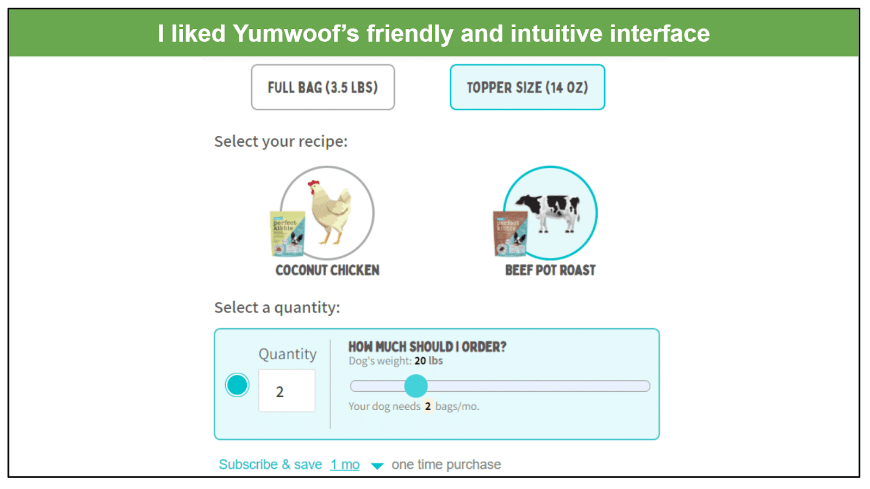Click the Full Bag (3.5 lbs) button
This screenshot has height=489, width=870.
pyautogui.click(x=323, y=87)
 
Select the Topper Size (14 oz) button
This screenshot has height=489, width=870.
pyautogui.click(x=527, y=87)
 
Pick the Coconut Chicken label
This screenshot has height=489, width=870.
pyautogui.click(x=327, y=270)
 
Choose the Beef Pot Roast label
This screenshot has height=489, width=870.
pyautogui.click(x=550, y=270)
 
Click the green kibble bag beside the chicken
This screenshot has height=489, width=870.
pyautogui.click(x=288, y=234)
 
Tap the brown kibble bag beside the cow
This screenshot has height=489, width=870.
pyautogui.click(x=511, y=234)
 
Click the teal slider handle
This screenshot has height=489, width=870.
pyautogui.click(x=415, y=386)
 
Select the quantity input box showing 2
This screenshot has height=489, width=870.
pyautogui.click(x=287, y=391)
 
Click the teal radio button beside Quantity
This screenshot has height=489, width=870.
pyautogui.click(x=237, y=385)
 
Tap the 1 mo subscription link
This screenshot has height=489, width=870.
pyautogui.click(x=345, y=465)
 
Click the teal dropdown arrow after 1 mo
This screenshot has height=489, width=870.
pyautogui.click(x=377, y=466)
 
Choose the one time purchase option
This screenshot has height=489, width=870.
pyautogui.click(x=446, y=465)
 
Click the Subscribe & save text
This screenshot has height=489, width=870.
pyautogui.click(x=270, y=465)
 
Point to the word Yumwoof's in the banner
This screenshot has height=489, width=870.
pyautogui.click(x=296, y=33)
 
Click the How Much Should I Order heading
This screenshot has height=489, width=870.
pyautogui.click(x=427, y=347)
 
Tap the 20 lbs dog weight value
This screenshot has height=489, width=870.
pyautogui.click(x=428, y=361)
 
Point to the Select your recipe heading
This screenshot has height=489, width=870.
pyautogui.click(x=281, y=142)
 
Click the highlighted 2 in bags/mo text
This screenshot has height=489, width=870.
pyautogui.click(x=427, y=406)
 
